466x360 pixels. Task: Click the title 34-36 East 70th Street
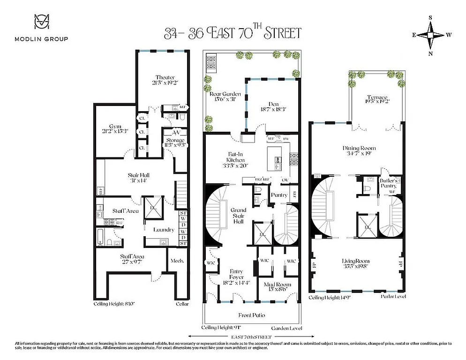pyautogui.click(x=233, y=33)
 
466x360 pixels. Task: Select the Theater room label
pyautogui.click(x=165, y=78)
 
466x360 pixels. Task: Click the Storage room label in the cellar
pyautogui.click(x=175, y=141)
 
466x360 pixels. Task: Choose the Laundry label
pyautogui.click(x=164, y=230)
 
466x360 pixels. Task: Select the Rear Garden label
pyautogui.click(x=222, y=94)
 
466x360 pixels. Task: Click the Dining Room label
pyautogui.click(x=359, y=148)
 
